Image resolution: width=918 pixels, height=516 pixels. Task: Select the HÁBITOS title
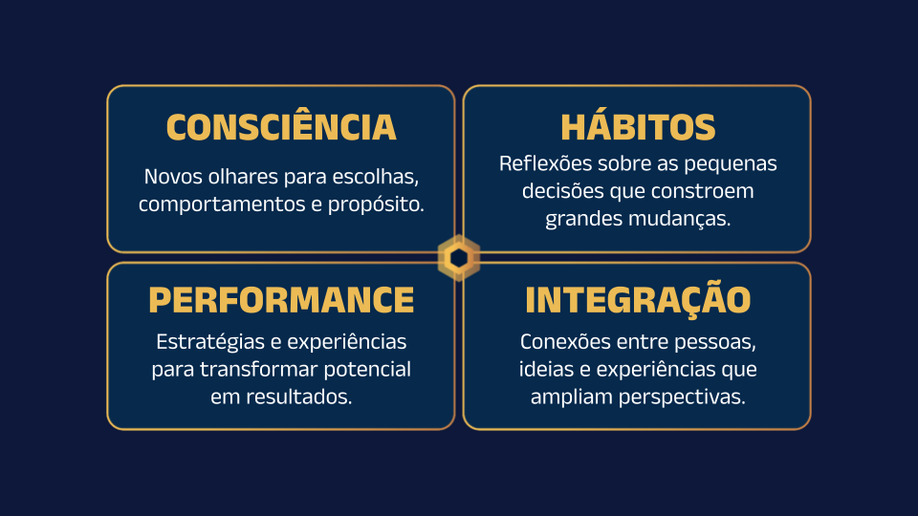pyautogui.click(x=638, y=125)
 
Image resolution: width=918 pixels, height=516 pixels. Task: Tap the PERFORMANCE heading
pyautogui.click(x=281, y=300)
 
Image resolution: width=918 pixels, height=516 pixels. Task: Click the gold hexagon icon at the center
pyautogui.click(x=458, y=258)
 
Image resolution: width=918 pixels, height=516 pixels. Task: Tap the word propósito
pyautogui.click(x=376, y=204)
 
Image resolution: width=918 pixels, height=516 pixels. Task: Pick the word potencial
pyautogui.click(x=367, y=370)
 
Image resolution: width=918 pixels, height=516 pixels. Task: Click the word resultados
pyautogui.click(x=298, y=397)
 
